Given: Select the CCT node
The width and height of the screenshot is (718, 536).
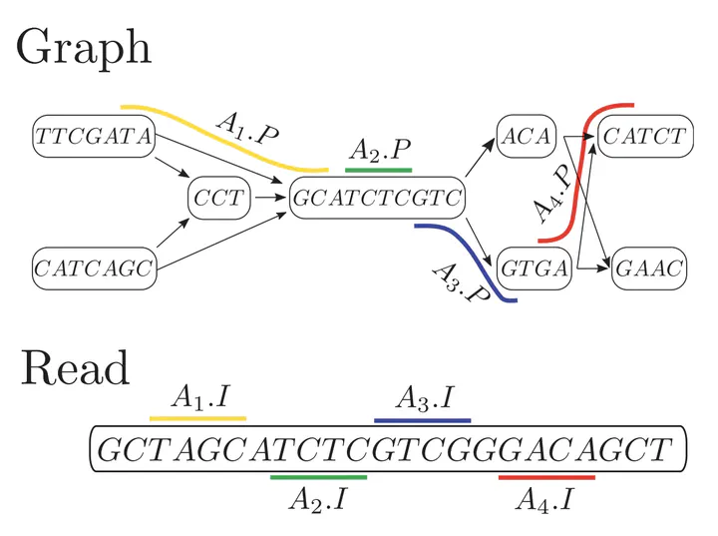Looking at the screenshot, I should pyautogui.click(x=217, y=199).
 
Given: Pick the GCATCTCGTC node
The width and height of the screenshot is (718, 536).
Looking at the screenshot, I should pyautogui.click(x=377, y=199).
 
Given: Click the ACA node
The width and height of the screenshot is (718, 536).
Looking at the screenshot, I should pyautogui.click(x=527, y=138).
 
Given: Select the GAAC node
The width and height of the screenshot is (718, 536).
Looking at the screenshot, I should pyautogui.click(x=647, y=267).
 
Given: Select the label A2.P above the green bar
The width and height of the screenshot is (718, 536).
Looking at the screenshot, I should pyautogui.click(x=379, y=151).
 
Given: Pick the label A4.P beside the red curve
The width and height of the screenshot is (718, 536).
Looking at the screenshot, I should pyautogui.click(x=550, y=194).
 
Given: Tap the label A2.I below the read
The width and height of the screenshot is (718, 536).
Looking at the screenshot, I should pyautogui.click(x=317, y=498).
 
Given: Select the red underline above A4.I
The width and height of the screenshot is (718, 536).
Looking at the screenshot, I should pyautogui.click(x=545, y=478).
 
